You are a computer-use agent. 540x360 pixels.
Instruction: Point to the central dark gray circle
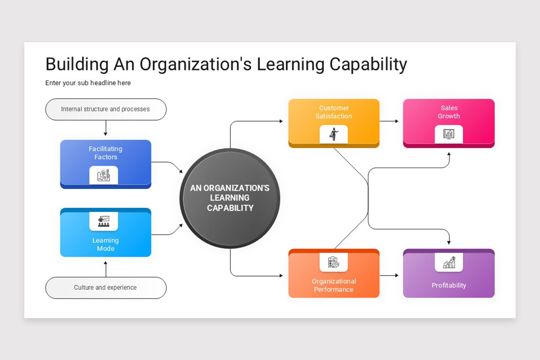(230, 198)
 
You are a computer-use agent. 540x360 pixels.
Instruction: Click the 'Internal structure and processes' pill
(106, 109)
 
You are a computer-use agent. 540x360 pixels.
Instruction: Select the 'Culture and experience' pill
(106, 288)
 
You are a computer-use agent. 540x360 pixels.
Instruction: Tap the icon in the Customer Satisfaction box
(334, 134)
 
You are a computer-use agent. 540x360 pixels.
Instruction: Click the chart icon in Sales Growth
(449, 134)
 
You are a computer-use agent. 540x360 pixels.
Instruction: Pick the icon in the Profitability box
(449, 262)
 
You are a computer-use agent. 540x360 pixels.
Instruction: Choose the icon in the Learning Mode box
(103, 221)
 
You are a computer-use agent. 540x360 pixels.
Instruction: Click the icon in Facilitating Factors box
(103, 175)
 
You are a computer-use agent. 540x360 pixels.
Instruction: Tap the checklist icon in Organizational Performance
(333, 262)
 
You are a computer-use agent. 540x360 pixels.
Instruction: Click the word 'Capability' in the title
(368, 64)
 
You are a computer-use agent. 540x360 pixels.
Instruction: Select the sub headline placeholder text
(88, 83)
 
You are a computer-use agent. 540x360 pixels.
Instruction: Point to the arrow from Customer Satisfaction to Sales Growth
(389, 121)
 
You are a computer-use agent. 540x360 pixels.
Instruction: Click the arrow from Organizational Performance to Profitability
(389, 275)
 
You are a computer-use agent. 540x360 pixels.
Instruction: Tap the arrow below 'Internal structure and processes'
(106, 128)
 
